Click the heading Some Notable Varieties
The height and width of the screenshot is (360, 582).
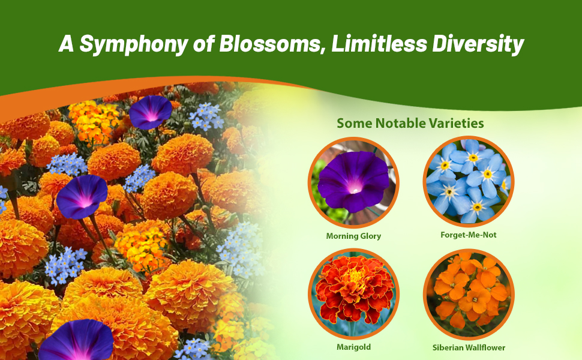coord(410,124)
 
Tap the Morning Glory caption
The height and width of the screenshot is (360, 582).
coord(353,236)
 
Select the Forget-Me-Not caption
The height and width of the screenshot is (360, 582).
coord(469,235)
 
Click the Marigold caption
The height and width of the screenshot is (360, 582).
coord(353,347)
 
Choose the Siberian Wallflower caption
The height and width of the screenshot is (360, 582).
coord(469,347)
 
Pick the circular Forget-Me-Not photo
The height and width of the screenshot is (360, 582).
coord(469,182)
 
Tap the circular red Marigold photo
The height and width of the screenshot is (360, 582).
coord(353,294)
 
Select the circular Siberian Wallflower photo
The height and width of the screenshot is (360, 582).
coord(469,294)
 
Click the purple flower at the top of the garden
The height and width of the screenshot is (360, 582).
coord(151,112)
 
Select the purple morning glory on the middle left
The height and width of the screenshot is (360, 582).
coord(82,196)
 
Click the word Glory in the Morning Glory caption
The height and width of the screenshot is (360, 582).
coord(370,236)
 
